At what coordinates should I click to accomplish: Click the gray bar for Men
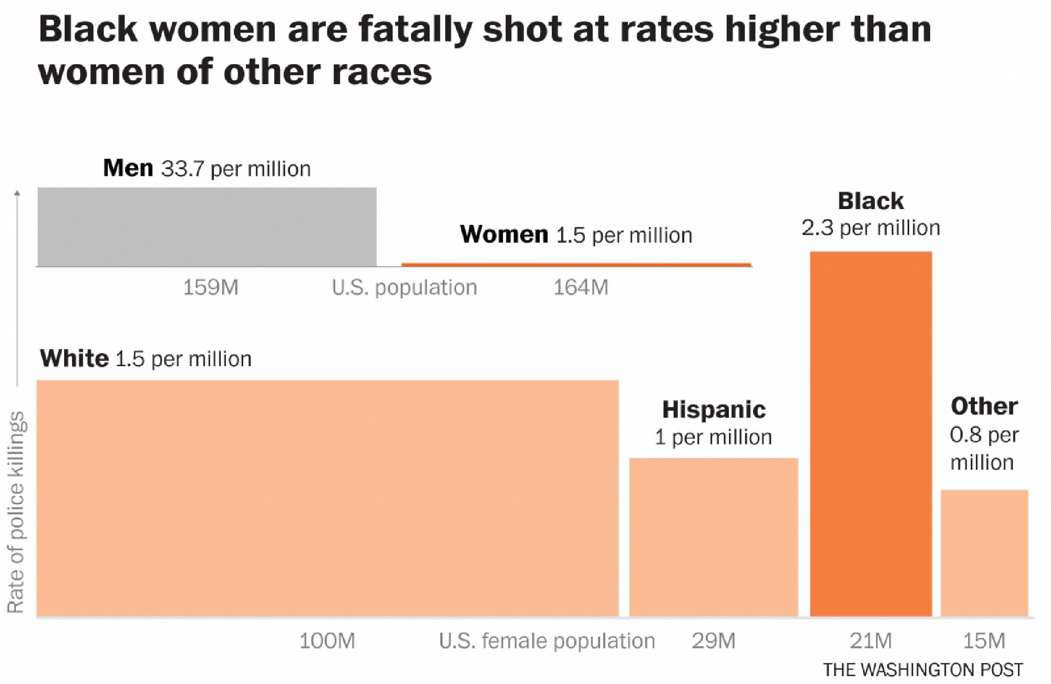point(207,227)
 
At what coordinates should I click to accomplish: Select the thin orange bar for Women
point(576,265)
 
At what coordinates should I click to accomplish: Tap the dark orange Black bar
point(871,434)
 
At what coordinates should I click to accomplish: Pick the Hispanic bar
point(714,537)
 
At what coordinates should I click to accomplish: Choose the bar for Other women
point(984,553)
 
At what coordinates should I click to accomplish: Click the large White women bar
point(327,498)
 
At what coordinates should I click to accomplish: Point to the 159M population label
point(211,287)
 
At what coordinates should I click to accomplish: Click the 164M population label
point(581,287)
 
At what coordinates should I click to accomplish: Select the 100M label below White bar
point(327,641)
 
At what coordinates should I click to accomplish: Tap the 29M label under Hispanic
point(713,641)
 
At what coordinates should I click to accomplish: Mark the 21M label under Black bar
point(871,641)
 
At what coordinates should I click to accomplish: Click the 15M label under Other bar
point(984,641)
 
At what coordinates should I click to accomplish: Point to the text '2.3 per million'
point(871,228)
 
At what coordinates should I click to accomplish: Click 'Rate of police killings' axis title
point(16,512)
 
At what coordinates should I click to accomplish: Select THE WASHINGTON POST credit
point(923,670)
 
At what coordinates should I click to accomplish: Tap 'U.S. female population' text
point(547,641)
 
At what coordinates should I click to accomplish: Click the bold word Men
point(128,168)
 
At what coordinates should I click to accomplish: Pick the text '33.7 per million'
point(236,169)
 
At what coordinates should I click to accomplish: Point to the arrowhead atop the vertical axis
point(17,193)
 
